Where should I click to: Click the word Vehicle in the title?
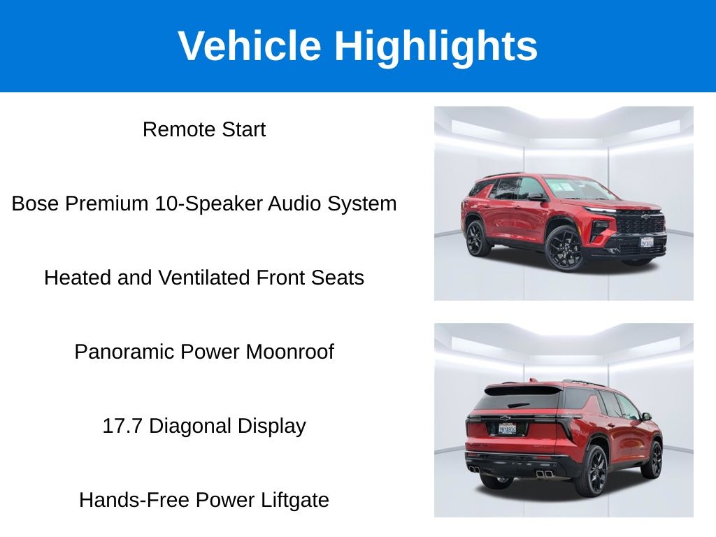pyautogui.click(x=250, y=45)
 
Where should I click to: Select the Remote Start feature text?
pyautogui.click(x=204, y=129)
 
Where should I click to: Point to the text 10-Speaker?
pyautogui.click(x=208, y=204)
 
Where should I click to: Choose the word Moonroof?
pyautogui.click(x=289, y=352)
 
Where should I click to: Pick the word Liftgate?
pyautogui.click(x=294, y=501)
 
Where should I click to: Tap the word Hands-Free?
pyautogui.click(x=134, y=499)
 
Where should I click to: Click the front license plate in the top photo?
pyautogui.click(x=647, y=242)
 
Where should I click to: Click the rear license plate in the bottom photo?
pyautogui.click(x=508, y=429)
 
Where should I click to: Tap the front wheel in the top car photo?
pyautogui.click(x=564, y=248)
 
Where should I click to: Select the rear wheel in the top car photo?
pyautogui.click(x=477, y=238)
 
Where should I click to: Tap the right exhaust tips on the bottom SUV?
pyautogui.click(x=544, y=474)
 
